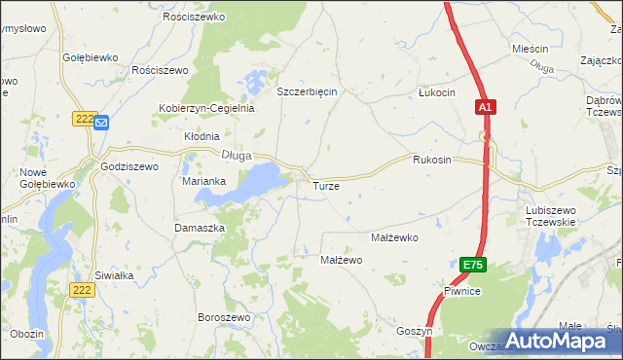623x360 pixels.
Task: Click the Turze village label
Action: click(325, 185)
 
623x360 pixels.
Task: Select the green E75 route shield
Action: click(472, 265)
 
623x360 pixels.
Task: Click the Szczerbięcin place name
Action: click(307, 91)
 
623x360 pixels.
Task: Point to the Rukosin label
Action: click(432, 160)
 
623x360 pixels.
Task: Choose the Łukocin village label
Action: click(436, 92)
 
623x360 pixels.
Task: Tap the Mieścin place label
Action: click(531, 49)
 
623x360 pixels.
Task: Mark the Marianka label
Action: click(204, 181)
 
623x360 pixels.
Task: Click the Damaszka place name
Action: click(200, 227)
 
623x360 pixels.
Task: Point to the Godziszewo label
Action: click(129, 166)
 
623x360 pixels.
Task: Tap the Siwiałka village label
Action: click(114, 274)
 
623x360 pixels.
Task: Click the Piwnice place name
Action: click(460, 292)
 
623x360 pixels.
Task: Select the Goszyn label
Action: click(414, 331)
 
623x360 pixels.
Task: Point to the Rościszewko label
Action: click(195, 18)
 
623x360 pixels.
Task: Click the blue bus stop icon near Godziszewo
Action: click(102, 123)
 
